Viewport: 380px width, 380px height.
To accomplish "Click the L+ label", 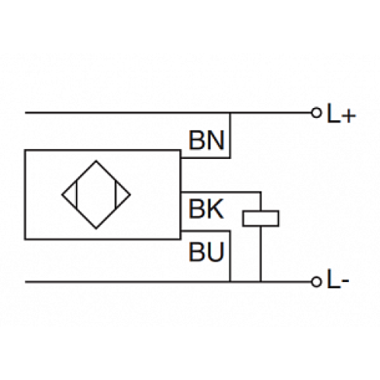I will pyautogui.click(x=339, y=115).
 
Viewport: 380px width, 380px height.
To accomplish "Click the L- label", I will pyautogui.click(x=337, y=282).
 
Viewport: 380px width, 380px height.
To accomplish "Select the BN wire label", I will pyautogui.click(x=204, y=141).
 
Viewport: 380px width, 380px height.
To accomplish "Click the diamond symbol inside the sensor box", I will pyautogui.click(x=97, y=195).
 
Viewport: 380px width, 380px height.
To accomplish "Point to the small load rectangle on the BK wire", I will pyautogui.click(x=261, y=218).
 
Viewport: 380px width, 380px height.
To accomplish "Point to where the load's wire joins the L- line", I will pyautogui.click(x=261, y=281).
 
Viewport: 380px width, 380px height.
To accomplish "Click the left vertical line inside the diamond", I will pyautogui.click(x=76, y=195).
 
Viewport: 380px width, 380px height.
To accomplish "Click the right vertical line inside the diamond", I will pyautogui.click(x=116, y=195).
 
